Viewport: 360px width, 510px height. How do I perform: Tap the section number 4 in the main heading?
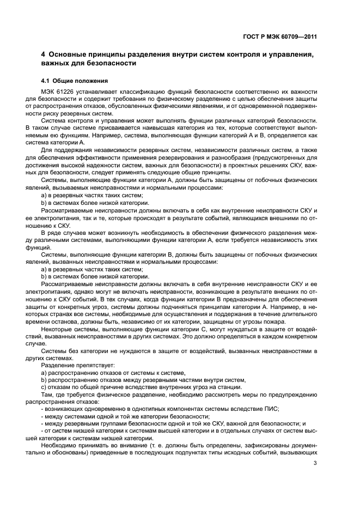[44, 54]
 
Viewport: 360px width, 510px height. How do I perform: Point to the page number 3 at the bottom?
[315, 464]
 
